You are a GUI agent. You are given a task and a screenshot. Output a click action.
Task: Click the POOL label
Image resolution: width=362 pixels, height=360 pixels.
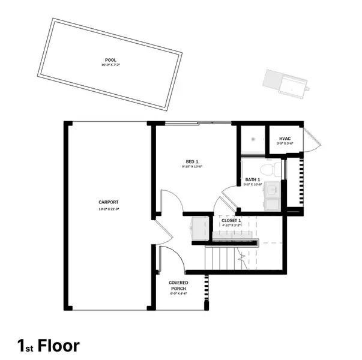pyautogui.click(x=110, y=60)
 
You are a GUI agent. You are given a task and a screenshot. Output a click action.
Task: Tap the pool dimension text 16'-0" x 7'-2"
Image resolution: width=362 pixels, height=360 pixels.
pyautogui.click(x=110, y=65)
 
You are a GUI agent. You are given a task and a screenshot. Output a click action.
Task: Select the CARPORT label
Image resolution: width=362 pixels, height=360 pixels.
pyautogui.click(x=109, y=202)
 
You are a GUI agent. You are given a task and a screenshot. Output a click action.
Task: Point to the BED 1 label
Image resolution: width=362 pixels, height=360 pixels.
pyautogui.click(x=192, y=161)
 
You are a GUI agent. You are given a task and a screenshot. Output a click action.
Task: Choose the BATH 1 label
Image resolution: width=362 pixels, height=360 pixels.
pyautogui.click(x=252, y=179)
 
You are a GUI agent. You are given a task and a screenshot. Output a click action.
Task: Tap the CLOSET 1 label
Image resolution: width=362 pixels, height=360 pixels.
pyautogui.click(x=231, y=221)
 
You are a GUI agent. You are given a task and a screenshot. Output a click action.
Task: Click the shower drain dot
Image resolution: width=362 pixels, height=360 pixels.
pyautogui.click(x=255, y=140)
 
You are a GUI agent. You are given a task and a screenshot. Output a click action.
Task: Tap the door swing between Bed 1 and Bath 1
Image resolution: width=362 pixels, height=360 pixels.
pyautogui.click(x=229, y=197)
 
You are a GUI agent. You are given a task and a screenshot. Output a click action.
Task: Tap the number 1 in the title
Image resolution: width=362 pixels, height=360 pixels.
pyautogui.click(x=21, y=346)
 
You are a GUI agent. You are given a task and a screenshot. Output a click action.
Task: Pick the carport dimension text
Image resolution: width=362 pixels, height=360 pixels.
pyautogui.click(x=109, y=208)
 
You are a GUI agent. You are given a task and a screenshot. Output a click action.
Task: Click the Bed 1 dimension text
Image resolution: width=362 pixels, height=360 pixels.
pyautogui.click(x=192, y=167)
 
